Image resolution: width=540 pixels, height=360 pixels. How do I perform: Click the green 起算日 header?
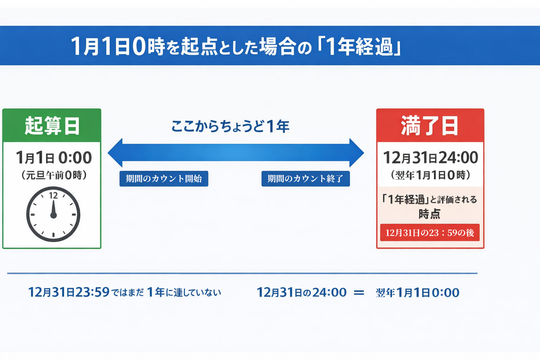(52, 126)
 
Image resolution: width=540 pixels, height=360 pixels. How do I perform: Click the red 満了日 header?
(430, 126)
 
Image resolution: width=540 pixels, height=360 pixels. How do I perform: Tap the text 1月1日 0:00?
(54, 157)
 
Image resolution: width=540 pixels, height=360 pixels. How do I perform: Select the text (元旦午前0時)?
(54, 175)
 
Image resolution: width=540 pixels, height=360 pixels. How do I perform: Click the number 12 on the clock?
(53, 195)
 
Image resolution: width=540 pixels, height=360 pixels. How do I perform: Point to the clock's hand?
(53, 209)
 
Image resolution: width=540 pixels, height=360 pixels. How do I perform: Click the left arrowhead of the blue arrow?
(115, 153)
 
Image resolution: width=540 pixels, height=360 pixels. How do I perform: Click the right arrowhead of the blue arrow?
(356, 153)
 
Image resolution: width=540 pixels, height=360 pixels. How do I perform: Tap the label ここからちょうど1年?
(230, 126)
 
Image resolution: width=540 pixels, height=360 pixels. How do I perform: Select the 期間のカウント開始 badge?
(164, 179)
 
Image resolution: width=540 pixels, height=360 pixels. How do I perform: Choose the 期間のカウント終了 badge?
(306, 179)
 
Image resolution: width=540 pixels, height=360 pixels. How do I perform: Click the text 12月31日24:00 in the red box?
(430, 157)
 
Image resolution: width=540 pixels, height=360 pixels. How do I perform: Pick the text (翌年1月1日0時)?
(430, 175)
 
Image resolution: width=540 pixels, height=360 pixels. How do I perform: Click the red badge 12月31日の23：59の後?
(430, 233)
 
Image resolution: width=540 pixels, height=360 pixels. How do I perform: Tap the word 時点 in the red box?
(429, 214)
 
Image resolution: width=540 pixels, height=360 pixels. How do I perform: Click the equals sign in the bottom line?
(359, 292)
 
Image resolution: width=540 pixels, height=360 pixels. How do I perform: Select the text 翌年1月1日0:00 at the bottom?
(417, 292)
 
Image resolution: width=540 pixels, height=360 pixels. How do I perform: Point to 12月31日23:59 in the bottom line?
(69, 292)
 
